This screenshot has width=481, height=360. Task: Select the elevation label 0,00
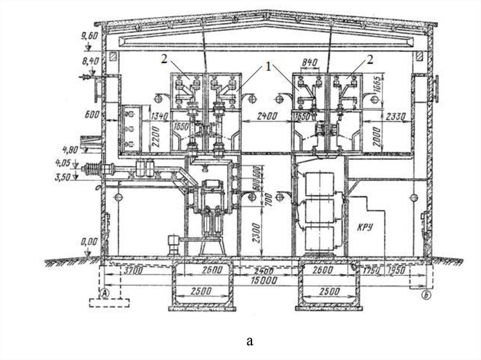pyautogui.click(x=89, y=242)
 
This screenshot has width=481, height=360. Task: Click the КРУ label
pyautogui.click(x=365, y=228)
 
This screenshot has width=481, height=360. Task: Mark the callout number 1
pyautogui.click(x=268, y=67)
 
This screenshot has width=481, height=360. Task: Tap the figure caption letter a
pyautogui.click(x=250, y=340)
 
